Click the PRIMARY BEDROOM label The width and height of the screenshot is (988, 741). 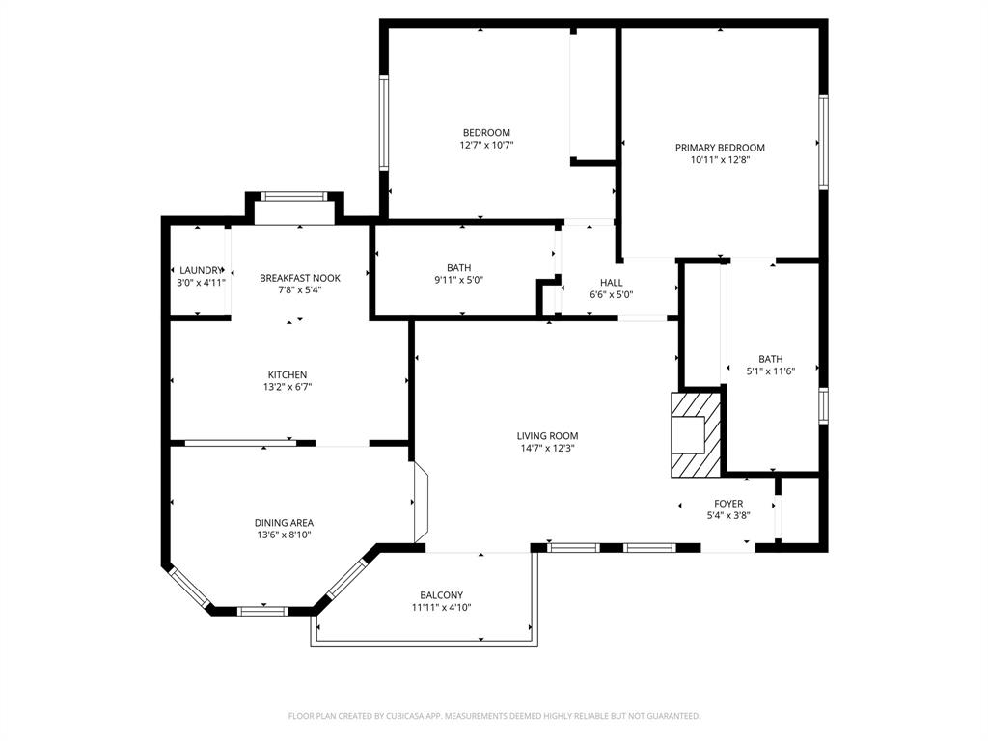720,148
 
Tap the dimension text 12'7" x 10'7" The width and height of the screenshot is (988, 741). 486,145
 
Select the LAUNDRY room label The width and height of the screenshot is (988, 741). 201,270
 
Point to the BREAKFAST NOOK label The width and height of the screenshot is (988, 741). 300,278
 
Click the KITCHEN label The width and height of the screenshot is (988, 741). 288,374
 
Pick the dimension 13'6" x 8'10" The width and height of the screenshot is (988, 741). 284,535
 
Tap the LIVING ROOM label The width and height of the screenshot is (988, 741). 547,435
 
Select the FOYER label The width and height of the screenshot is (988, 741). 728,504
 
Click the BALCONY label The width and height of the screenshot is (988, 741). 441,595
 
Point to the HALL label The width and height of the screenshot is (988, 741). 611,283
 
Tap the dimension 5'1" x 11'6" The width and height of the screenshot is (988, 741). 771,370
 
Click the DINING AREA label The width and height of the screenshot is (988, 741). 284,523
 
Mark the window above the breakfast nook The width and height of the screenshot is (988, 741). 294,196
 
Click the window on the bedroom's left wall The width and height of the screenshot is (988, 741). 383,123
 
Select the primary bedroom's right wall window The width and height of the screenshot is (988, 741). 823,142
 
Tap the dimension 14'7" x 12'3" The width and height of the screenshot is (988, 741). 547,447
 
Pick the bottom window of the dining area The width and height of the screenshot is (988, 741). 262,610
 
